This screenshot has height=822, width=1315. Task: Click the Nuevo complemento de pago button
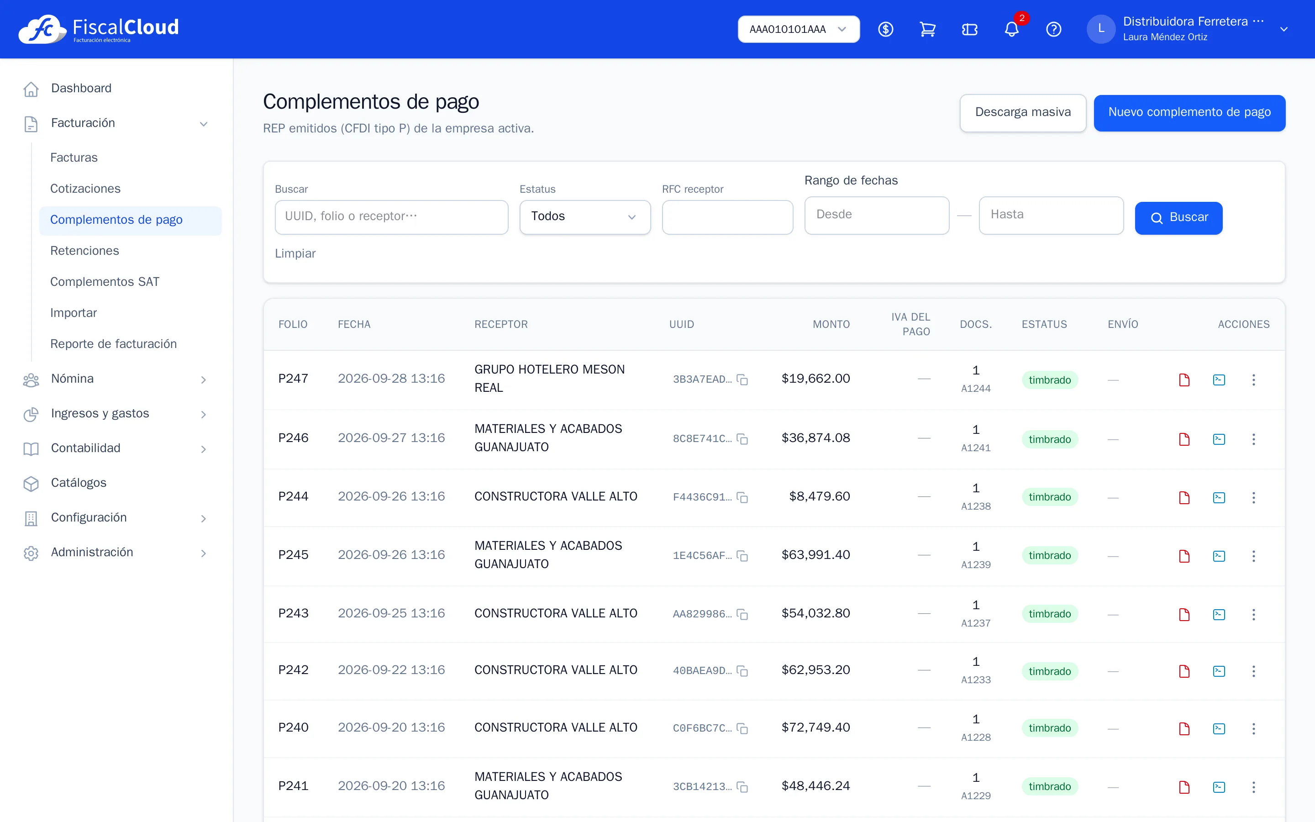(x=1189, y=112)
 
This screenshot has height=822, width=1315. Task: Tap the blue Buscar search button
(x=1178, y=218)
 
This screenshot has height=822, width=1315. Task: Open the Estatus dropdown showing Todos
(x=585, y=217)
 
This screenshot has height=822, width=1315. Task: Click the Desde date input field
(x=877, y=215)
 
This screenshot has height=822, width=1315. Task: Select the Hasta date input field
(x=1051, y=215)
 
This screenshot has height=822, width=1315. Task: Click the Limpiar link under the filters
(x=295, y=253)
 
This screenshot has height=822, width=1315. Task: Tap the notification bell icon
(x=1011, y=29)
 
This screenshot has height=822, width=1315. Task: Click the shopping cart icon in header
(x=927, y=29)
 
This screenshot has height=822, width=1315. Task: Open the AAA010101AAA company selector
(x=798, y=29)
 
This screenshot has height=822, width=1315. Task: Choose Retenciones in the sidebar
(x=84, y=251)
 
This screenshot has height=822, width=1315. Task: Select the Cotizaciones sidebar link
(x=85, y=189)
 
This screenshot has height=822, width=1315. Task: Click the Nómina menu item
(x=72, y=379)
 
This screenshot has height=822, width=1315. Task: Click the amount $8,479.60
(x=820, y=496)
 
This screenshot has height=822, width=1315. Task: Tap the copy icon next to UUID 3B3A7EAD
(x=742, y=379)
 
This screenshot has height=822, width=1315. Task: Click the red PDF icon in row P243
(x=1184, y=614)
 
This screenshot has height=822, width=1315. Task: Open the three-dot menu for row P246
(x=1254, y=439)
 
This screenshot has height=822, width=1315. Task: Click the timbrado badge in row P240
(x=1049, y=728)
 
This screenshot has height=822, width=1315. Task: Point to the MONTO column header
(x=831, y=325)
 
